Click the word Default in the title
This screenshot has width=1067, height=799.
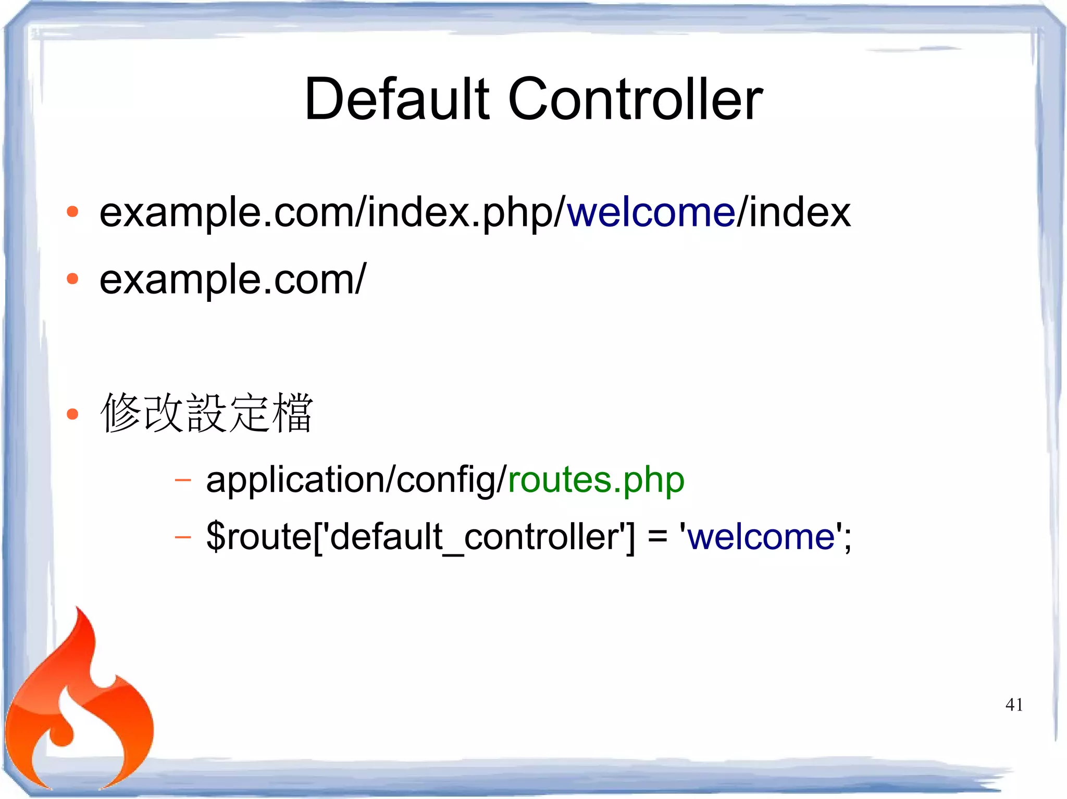(396, 99)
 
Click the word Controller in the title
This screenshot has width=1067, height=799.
(635, 99)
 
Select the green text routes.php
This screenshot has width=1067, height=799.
(596, 480)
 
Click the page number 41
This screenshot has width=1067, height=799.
(1014, 705)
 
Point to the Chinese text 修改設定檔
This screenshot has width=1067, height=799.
(207, 413)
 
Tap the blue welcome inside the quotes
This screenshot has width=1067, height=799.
(761, 537)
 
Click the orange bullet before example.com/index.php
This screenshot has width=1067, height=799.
(72, 212)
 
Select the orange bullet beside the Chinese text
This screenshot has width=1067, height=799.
(72, 414)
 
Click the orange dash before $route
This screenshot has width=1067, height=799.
(183, 537)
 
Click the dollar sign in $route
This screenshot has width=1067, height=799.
(215, 537)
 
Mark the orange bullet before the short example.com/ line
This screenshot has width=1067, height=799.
(72, 279)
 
